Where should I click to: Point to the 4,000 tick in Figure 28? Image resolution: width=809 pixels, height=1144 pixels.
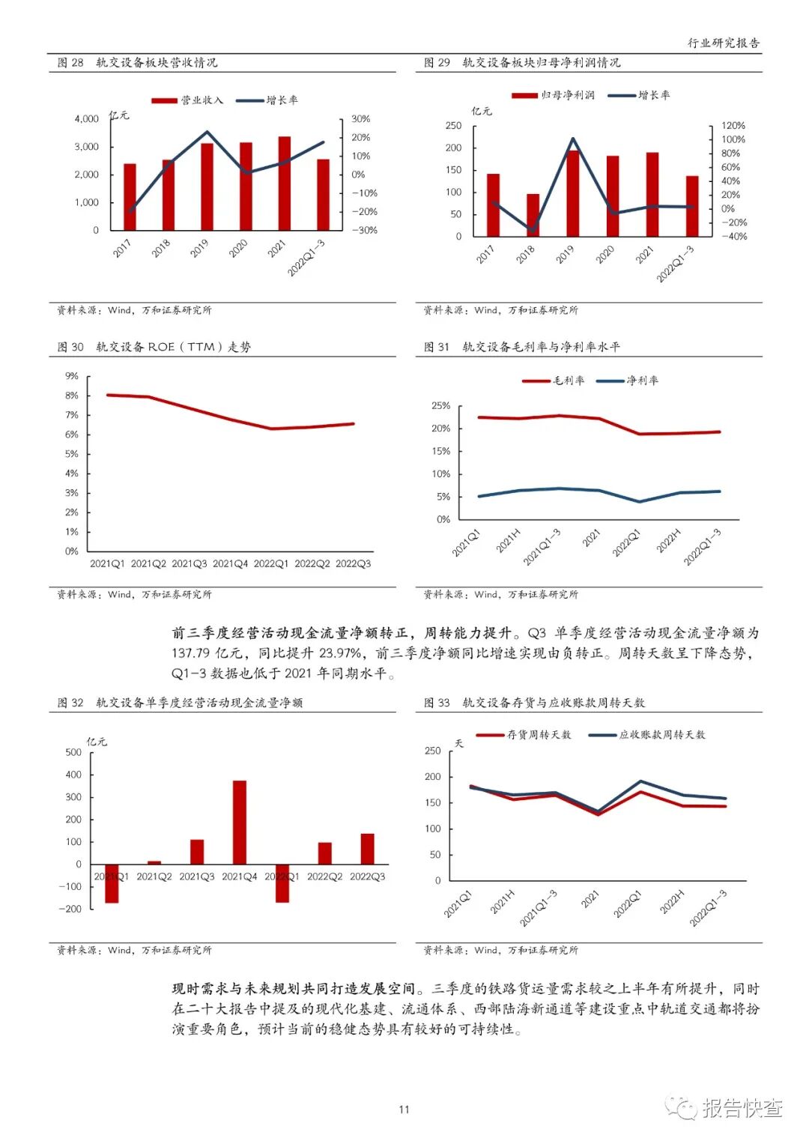(87, 119)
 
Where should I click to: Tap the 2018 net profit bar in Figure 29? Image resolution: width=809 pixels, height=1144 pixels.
(533, 216)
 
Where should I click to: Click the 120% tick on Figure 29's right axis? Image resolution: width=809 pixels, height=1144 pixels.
(733, 126)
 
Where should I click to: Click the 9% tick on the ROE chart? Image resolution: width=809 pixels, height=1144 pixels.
(72, 376)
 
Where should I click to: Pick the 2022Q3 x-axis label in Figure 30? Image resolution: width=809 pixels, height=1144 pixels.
(353, 563)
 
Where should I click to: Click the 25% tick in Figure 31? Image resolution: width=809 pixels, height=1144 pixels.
(440, 406)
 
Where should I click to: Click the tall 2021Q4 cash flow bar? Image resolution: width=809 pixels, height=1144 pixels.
(240, 823)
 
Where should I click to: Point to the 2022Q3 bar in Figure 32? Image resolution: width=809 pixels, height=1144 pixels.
(367, 849)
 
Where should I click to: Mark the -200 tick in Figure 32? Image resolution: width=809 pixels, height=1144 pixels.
(73, 909)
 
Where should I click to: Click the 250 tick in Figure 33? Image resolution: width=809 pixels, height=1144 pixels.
(433, 751)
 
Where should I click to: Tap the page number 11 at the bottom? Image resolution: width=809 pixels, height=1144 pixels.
(404, 1110)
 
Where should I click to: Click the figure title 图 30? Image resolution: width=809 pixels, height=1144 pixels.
(71, 347)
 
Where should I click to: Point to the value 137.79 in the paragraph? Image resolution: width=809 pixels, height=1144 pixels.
(193, 653)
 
